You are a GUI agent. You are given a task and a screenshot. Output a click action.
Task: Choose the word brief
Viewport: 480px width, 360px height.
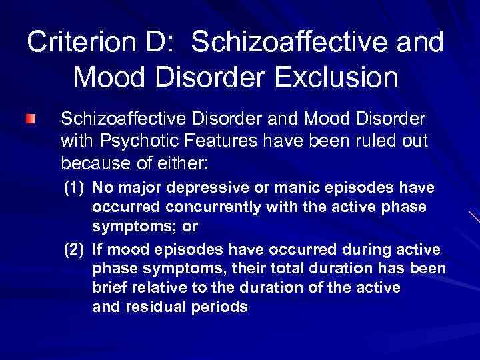(111, 288)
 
